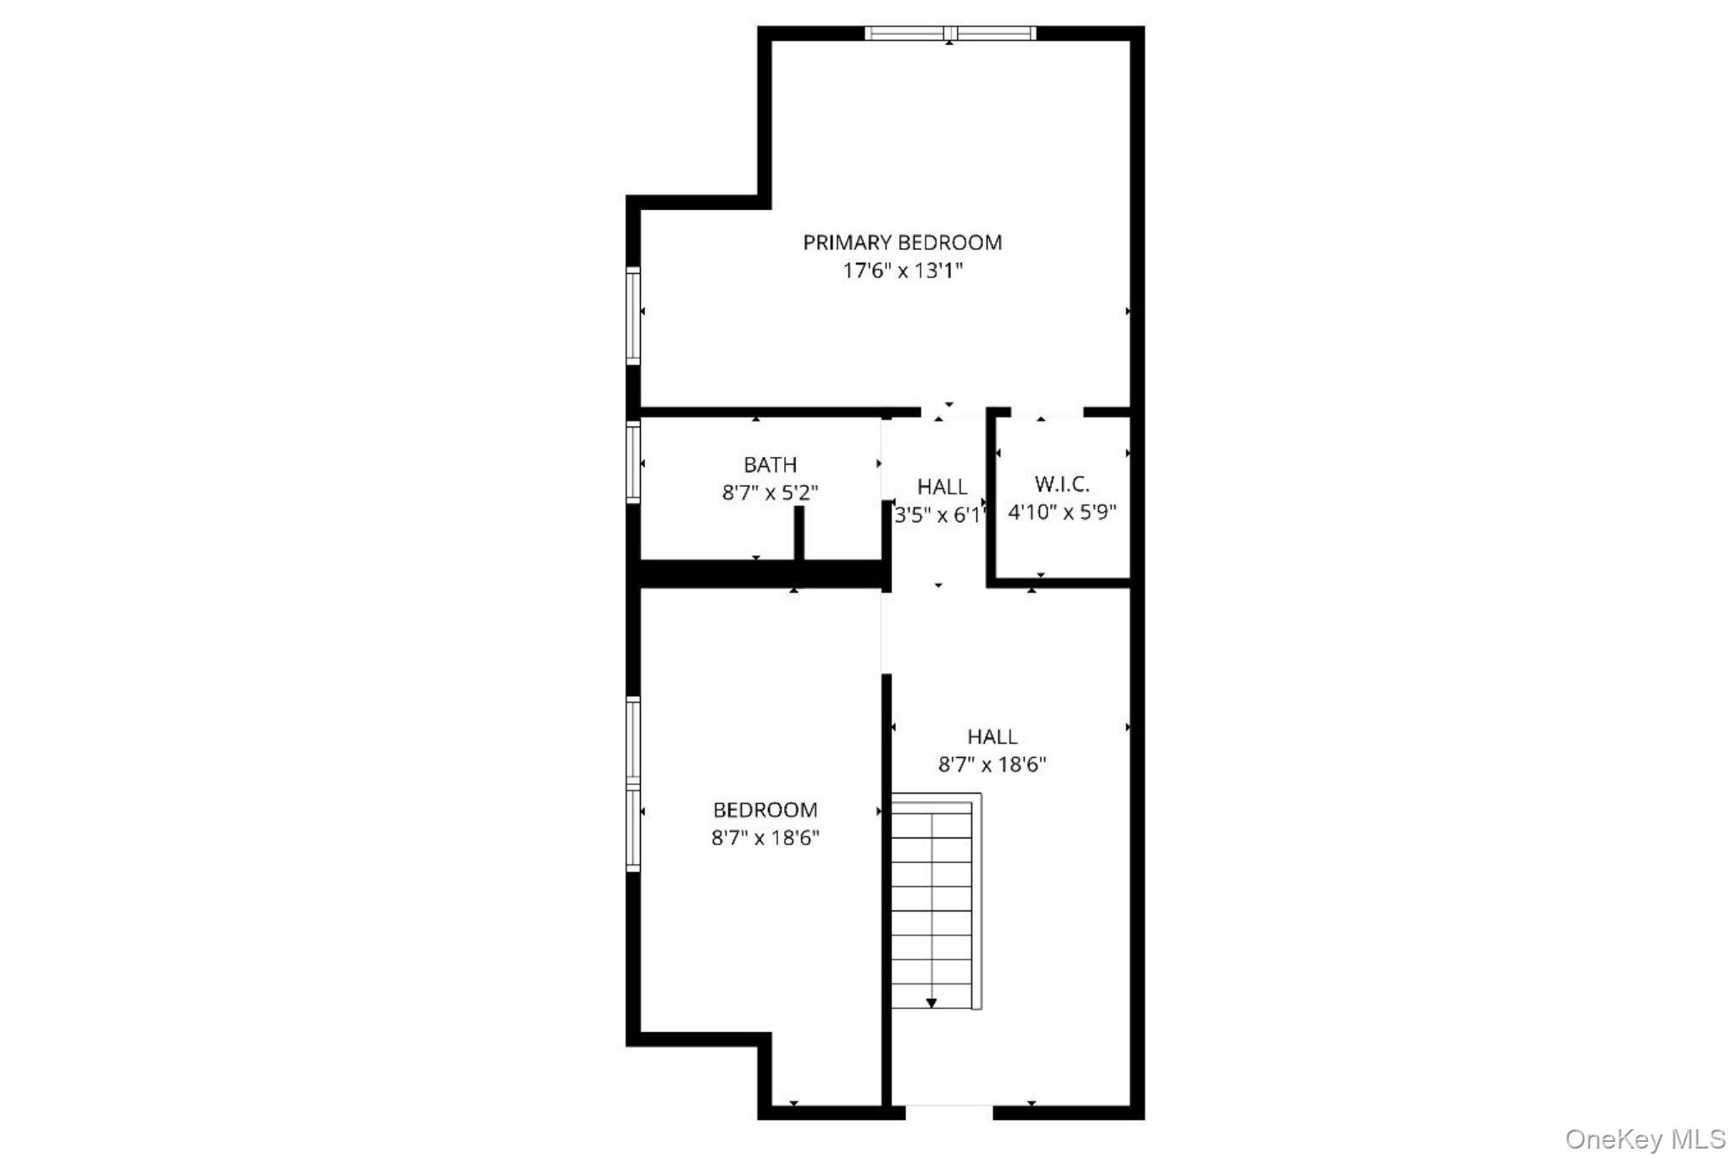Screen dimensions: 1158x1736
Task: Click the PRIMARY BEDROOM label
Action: [x=902, y=242]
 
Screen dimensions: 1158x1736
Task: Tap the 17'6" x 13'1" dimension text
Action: [x=903, y=271]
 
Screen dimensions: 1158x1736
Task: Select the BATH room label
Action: [x=770, y=465]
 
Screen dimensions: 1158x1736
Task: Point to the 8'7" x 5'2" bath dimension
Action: [x=770, y=493]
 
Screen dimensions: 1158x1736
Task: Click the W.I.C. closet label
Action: [x=1061, y=484]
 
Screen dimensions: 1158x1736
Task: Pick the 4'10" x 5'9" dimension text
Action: [x=1061, y=512]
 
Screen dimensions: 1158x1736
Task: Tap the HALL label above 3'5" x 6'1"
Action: [x=942, y=487]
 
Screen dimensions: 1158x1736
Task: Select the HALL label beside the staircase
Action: [x=992, y=736]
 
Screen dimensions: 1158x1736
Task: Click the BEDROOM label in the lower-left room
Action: [x=765, y=810]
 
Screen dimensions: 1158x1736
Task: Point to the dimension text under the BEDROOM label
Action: [x=765, y=838]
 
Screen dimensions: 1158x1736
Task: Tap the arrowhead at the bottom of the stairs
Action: [x=932, y=1003]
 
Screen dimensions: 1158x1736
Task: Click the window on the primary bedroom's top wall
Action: [x=949, y=33]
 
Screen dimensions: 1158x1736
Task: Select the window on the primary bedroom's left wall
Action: [x=632, y=315]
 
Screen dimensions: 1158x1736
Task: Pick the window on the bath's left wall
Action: [x=632, y=462]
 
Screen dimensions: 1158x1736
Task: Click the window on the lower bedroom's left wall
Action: [x=632, y=784]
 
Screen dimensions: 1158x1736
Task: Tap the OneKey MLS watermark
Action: [x=1644, y=1139]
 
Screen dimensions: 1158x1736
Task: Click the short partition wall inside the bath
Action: [x=798, y=532]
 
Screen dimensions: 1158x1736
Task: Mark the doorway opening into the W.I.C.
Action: [x=1048, y=413]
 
